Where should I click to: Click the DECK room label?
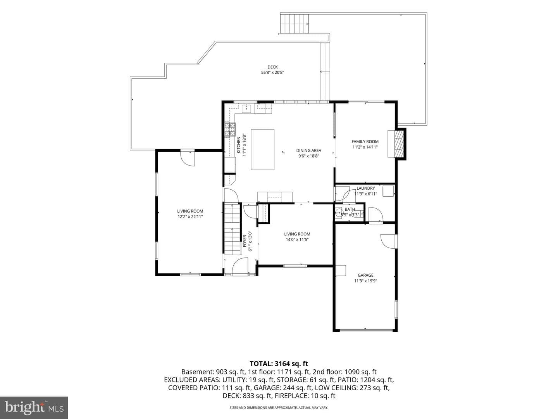272,67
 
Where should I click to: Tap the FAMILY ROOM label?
365,142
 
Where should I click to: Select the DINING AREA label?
308,151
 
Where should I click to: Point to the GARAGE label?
365,275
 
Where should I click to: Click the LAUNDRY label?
365,188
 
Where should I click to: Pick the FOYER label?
245,241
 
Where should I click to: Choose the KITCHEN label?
239,145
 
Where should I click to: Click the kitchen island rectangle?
262,150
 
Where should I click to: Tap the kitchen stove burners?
230,130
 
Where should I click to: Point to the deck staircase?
294,24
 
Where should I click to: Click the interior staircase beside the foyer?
232,229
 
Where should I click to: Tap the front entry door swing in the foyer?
240,266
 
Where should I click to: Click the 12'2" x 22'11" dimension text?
190,217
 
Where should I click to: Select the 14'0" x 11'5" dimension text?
297,239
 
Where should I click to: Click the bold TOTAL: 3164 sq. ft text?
279,364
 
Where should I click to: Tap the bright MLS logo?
34,407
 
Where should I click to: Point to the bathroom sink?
339,212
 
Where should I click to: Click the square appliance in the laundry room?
388,191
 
